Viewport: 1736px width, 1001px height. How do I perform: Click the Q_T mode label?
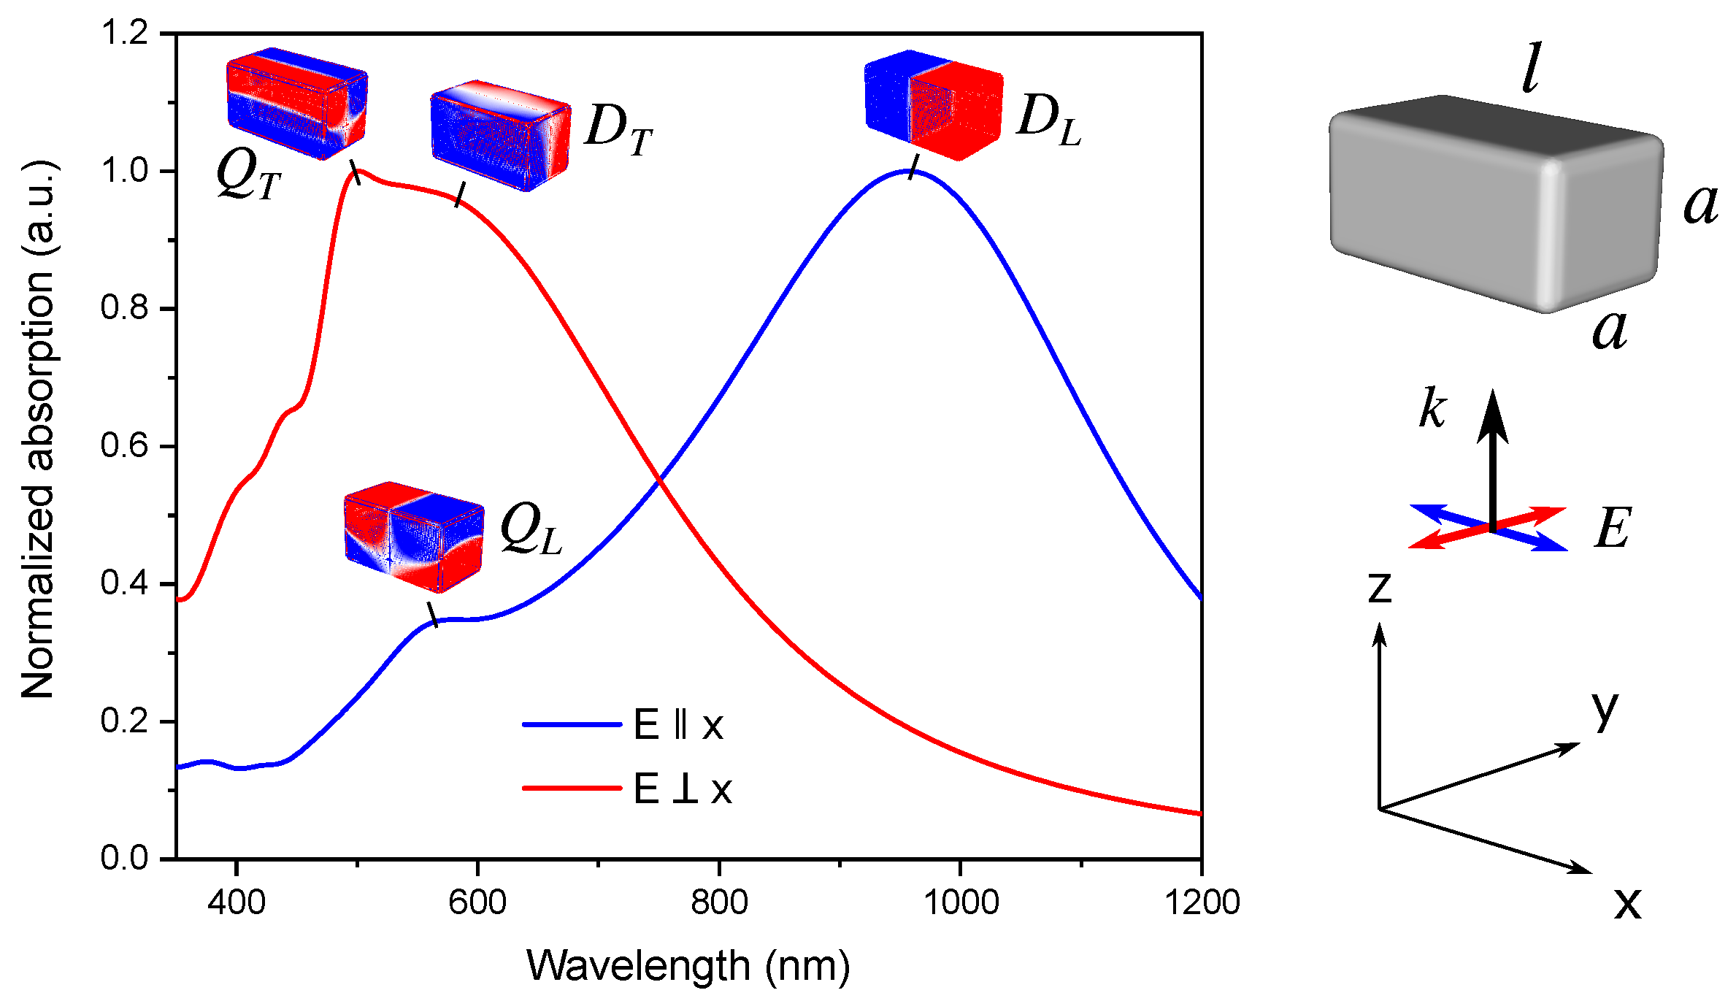click(248, 177)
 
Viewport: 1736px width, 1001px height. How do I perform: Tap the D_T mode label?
click(618, 130)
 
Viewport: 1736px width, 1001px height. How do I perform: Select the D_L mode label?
click(1048, 120)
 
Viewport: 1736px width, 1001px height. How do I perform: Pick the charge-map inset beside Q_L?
click(413, 537)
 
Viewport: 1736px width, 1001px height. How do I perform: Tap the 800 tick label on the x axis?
click(719, 903)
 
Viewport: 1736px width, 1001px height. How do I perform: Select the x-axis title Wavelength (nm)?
click(688, 966)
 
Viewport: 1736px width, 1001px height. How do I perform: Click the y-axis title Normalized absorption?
click(38, 431)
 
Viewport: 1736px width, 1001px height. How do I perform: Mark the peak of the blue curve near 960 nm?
click(913, 171)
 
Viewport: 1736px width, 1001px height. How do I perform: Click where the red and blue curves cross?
click(659, 480)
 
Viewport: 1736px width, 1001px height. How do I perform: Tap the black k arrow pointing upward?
click(1493, 460)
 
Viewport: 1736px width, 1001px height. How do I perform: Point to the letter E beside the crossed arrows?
click(1613, 528)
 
